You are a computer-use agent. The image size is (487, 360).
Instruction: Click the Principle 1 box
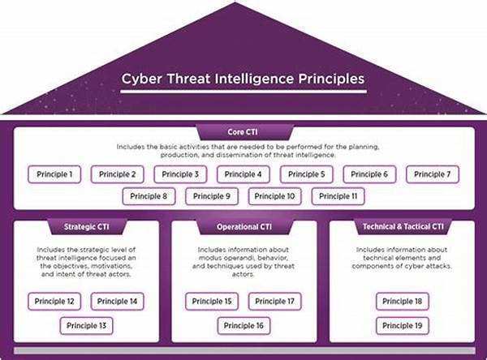pyautogui.click(x=54, y=174)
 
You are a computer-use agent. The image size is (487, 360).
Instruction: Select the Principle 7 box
pyautogui.click(x=433, y=174)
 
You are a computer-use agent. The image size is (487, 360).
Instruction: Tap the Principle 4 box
pyautogui.click(x=243, y=174)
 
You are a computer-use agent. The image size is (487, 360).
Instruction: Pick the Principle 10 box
pyautogui.click(x=275, y=196)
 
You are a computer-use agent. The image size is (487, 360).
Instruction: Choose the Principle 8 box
pyautogui.click(x=149, y=196)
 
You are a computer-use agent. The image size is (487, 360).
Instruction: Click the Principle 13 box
pyautogui.click(x=86, y=326)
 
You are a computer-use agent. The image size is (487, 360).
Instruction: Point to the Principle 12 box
pyautogui.click(x=54, y=302)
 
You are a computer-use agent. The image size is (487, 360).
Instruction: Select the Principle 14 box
pyautogui.click(x=118, y=302)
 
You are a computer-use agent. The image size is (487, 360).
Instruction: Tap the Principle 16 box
pyautogui.click(x=243, y=326)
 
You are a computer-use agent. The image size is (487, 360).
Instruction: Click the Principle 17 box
pyautogui.click(x=275, y=302)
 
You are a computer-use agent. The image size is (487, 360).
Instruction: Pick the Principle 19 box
pyautogui.click(x=403, y=326)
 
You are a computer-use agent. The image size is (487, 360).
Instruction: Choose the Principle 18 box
pyautogui.click(x=403, y=302)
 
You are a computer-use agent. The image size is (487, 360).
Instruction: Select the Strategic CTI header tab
pyautogui.click(x=87, y=227)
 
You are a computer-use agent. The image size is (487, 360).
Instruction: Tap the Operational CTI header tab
pyautogui.click(x=245, y=227)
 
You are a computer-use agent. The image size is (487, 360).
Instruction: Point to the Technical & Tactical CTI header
pyautogui.click(x=403, y=227)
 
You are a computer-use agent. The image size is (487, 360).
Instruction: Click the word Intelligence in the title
pyautogui.click(x=254, y=79)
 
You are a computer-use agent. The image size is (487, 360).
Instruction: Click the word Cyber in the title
pyautogui.click(x=141, y=79)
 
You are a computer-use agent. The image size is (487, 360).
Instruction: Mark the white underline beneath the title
pyautogui.click(x=243, y=92)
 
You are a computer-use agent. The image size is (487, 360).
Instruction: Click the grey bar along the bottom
pyautogui.click(x=245, y=350)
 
